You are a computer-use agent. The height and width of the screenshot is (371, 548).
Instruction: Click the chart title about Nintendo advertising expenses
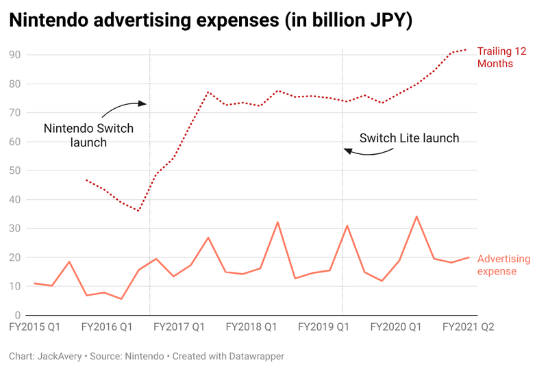(211, 21)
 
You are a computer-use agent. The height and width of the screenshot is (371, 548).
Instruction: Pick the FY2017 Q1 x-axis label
(179, 328)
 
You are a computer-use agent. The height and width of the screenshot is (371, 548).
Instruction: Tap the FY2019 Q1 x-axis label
(323, 328)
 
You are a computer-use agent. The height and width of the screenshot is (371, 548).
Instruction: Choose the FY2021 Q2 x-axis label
(468, 328)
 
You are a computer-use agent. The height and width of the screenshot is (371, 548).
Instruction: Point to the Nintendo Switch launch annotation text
(88, 135)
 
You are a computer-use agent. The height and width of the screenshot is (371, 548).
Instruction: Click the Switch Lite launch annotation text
(410, 138)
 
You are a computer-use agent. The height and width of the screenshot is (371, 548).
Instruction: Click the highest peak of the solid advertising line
(416, 216)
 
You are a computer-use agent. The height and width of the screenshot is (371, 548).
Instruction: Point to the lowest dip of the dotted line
(138, 211)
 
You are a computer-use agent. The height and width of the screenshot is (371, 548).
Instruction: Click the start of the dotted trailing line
(86, 180)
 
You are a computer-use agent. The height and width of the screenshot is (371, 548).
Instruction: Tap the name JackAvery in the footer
(59, 357)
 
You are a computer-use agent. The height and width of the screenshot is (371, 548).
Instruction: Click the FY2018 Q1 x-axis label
(251, 328)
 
